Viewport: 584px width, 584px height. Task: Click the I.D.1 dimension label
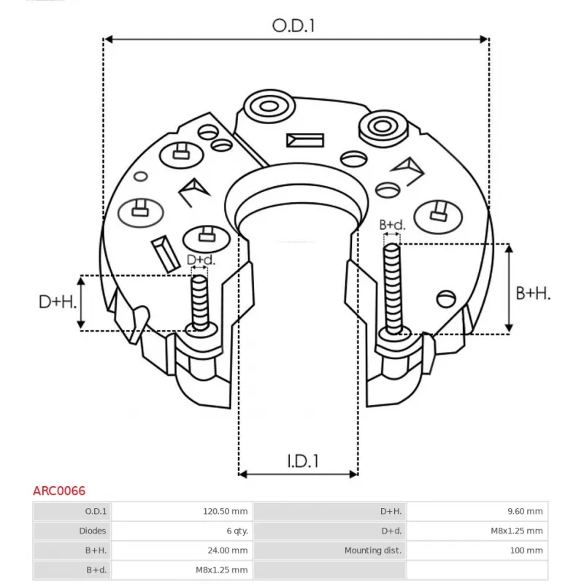(x=301, y=461)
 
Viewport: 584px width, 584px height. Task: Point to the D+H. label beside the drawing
(x=58, y=301)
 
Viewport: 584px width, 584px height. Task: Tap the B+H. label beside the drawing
(x=533, y=293)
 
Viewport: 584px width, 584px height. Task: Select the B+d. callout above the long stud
(x=391, y=225)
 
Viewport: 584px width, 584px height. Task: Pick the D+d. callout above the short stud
(x=201, y=260)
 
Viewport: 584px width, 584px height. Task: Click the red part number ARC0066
(x=59, y=491)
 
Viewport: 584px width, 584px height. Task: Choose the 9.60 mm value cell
(x=526, y=511)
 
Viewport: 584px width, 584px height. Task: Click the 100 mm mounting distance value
(x=529, y=550)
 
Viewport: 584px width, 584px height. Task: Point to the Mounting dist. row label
(x=373, y=550)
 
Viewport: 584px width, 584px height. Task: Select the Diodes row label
(x=93, y=531)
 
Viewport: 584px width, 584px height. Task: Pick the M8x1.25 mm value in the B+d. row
(x=222, y=570)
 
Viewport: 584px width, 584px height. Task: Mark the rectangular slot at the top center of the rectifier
(x=304, y=139)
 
